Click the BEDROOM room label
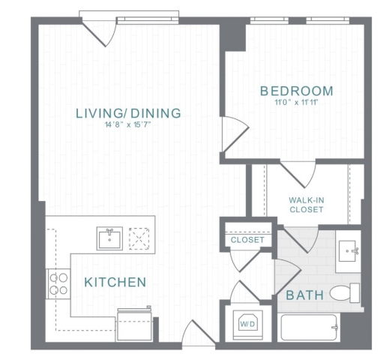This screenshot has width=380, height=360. (297, 91)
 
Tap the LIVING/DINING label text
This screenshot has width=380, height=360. (128, 113)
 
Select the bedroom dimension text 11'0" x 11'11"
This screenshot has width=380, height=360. (296, 103)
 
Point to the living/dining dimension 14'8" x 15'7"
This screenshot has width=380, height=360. (128, 124)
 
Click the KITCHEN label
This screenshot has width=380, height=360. (115, 282)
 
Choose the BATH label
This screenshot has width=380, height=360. (305, 295)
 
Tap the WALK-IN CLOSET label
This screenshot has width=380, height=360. (307, 205)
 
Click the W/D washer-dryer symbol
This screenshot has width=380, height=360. (247, 324)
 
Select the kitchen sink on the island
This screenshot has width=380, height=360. (109, 238)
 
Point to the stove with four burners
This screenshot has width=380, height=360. (58, 283)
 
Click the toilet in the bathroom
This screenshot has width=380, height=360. (345, 293)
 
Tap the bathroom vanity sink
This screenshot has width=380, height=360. (348, 251)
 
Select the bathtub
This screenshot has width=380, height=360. (309, 328)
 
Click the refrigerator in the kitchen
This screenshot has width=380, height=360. (135, 324)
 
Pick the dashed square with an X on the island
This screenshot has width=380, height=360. (139, 238)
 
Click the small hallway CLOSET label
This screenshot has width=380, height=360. (247, 240)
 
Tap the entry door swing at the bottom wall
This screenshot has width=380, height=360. (199, 331)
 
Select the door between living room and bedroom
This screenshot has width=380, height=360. (235, 134)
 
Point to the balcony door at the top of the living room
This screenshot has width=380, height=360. (98, 31)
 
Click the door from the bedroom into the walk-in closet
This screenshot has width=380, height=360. (298, 175)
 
